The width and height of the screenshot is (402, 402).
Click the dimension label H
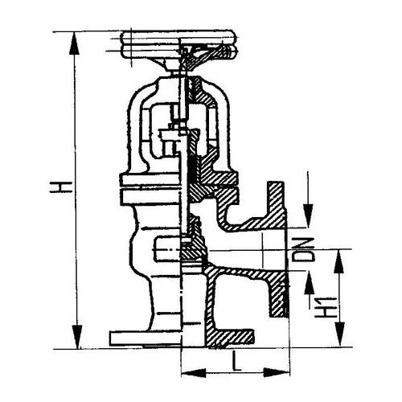point(61,187)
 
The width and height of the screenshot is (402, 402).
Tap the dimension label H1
point(326,307)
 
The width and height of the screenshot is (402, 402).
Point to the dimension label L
point(236,361)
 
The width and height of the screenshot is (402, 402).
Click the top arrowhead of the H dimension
point(74,43)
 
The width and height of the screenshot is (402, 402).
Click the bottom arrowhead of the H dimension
point(77,337)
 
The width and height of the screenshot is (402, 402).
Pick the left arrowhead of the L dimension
point(194,373)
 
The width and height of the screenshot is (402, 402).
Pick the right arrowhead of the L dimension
point(277,373)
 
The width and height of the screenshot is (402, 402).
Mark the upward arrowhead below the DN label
point(310,282)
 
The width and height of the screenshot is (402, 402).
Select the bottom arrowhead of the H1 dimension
point(339,334)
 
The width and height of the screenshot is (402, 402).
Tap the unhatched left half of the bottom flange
point(146,338)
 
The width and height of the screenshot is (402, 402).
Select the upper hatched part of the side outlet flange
point(276,205)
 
